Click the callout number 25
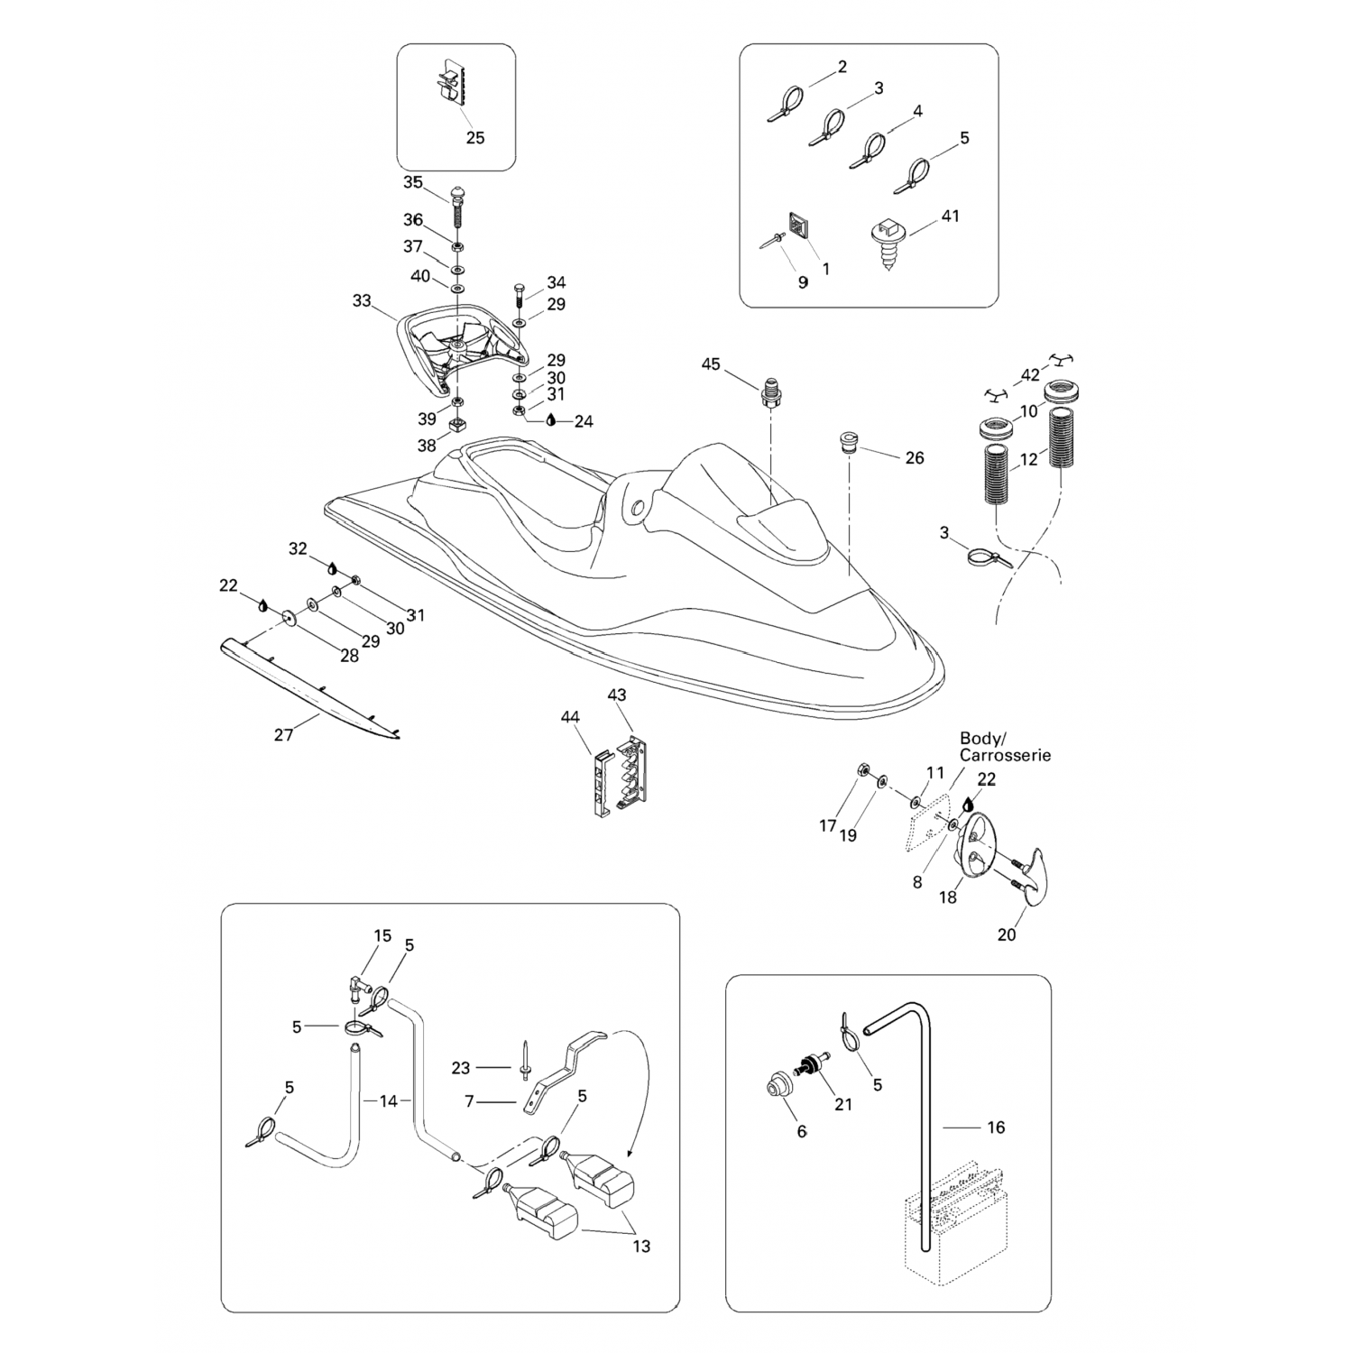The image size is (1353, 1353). click(474, 138)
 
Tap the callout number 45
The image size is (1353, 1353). click(711, 364)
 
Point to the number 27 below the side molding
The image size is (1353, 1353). click(283, 735)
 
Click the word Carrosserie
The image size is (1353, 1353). click(1005, 756)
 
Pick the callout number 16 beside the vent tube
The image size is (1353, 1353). click(996, 1127)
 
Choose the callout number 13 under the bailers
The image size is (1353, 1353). click(641, 1247)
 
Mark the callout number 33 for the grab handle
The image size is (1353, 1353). click(362, 300)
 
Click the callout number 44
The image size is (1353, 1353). click(570, 717)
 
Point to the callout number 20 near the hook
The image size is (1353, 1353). click(1007, 934)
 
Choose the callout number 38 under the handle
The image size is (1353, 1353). click(427, 446)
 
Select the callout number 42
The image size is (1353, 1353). click(1030, 375)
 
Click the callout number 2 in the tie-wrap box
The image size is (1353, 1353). click(842, 67)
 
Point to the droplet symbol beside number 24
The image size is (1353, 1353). click(552, 420)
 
